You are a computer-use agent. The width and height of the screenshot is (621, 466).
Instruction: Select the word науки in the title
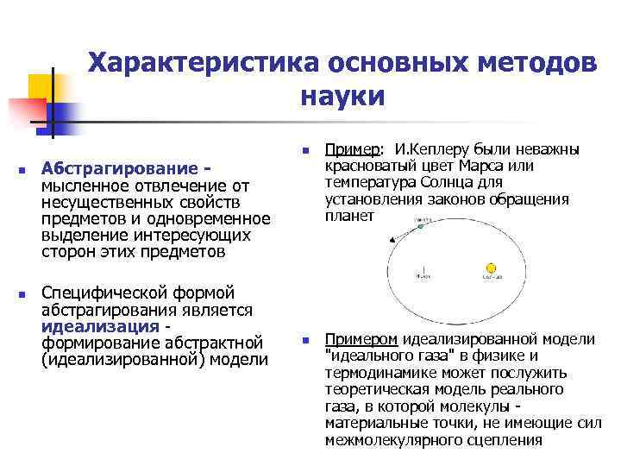click(x=342, y=96)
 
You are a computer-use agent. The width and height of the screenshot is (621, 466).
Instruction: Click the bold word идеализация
click(x=99, y=326)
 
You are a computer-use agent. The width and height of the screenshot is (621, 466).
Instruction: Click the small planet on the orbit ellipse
click(x=422, y=222)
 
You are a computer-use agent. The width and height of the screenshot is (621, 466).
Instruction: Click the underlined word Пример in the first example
click(x=352, y=149)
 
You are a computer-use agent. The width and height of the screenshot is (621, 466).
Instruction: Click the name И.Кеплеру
click(x=429, y=149)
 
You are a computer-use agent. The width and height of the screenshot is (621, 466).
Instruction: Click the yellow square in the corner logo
click(x=41, y=87)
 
